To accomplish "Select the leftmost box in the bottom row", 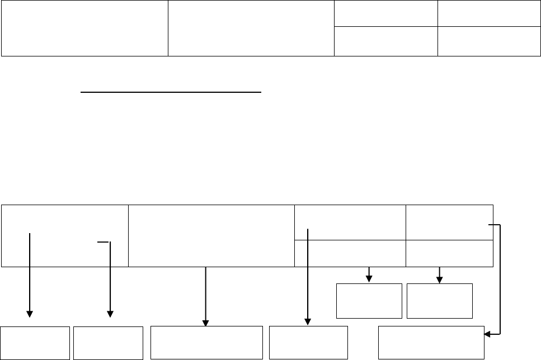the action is point(35,342).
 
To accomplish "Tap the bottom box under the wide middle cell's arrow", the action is point(206,342).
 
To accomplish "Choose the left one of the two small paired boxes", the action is point(369,301).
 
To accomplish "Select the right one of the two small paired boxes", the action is point(440,301).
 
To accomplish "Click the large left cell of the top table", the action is point(84,28).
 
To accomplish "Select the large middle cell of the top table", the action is point(251,28).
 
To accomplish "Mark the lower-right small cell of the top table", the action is point(489,41).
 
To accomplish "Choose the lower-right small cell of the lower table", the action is point(450,254).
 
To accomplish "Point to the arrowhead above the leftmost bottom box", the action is point(30,314).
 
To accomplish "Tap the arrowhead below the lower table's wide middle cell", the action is point(206,322).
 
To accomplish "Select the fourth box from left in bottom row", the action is point(308,342).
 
